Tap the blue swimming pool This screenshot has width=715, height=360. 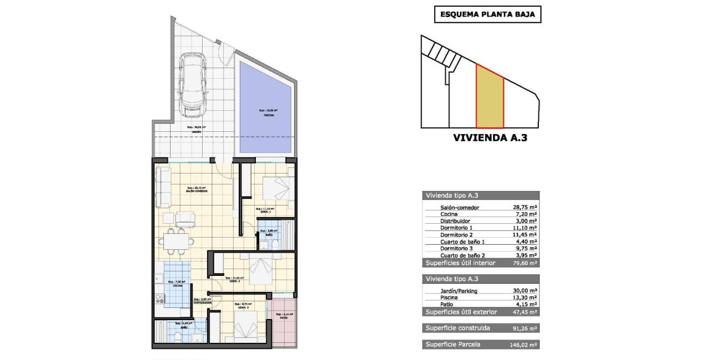(265, 109)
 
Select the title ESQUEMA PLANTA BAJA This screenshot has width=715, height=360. (487, 15)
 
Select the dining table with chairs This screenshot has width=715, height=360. (177, 239)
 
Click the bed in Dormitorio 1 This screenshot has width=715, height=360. (275, 189)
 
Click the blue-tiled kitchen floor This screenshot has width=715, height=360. (178, 284)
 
